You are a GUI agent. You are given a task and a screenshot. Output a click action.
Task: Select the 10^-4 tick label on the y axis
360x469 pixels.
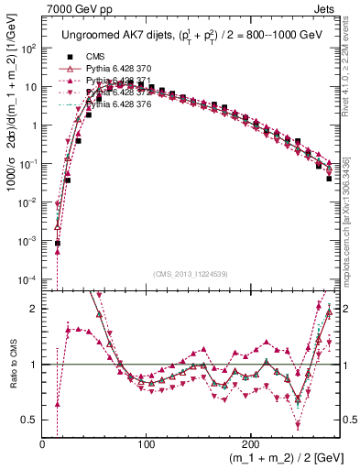point(29,278)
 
